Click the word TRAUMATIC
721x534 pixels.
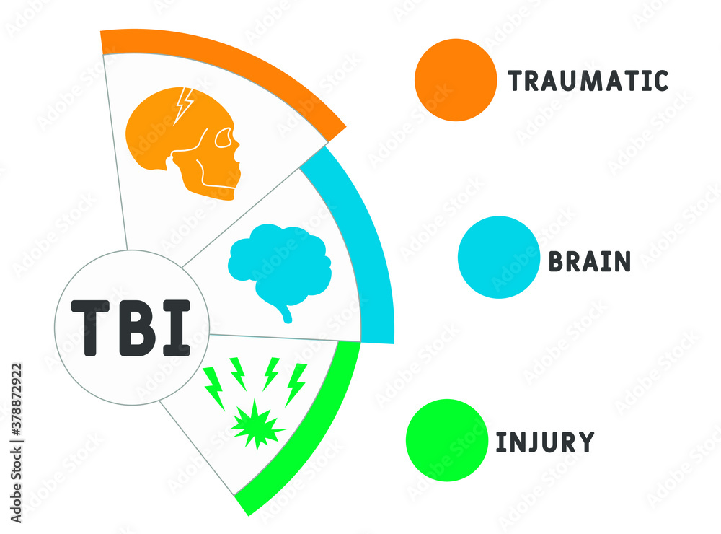click(x=588, y=81)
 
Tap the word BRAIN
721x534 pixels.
click(x=590, y=261)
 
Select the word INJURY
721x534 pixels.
click(x=544, y=442)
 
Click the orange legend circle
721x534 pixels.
click(x=456, y=79)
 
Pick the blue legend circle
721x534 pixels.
click(x=498, y=258)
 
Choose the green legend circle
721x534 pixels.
click(x=447, y=439)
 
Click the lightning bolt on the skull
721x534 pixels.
click(x=185, y=105)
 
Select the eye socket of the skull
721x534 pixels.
click(x=226, y=137)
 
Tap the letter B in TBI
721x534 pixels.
click(x=137, y=328)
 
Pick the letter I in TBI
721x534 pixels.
click(x=177, y=328)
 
